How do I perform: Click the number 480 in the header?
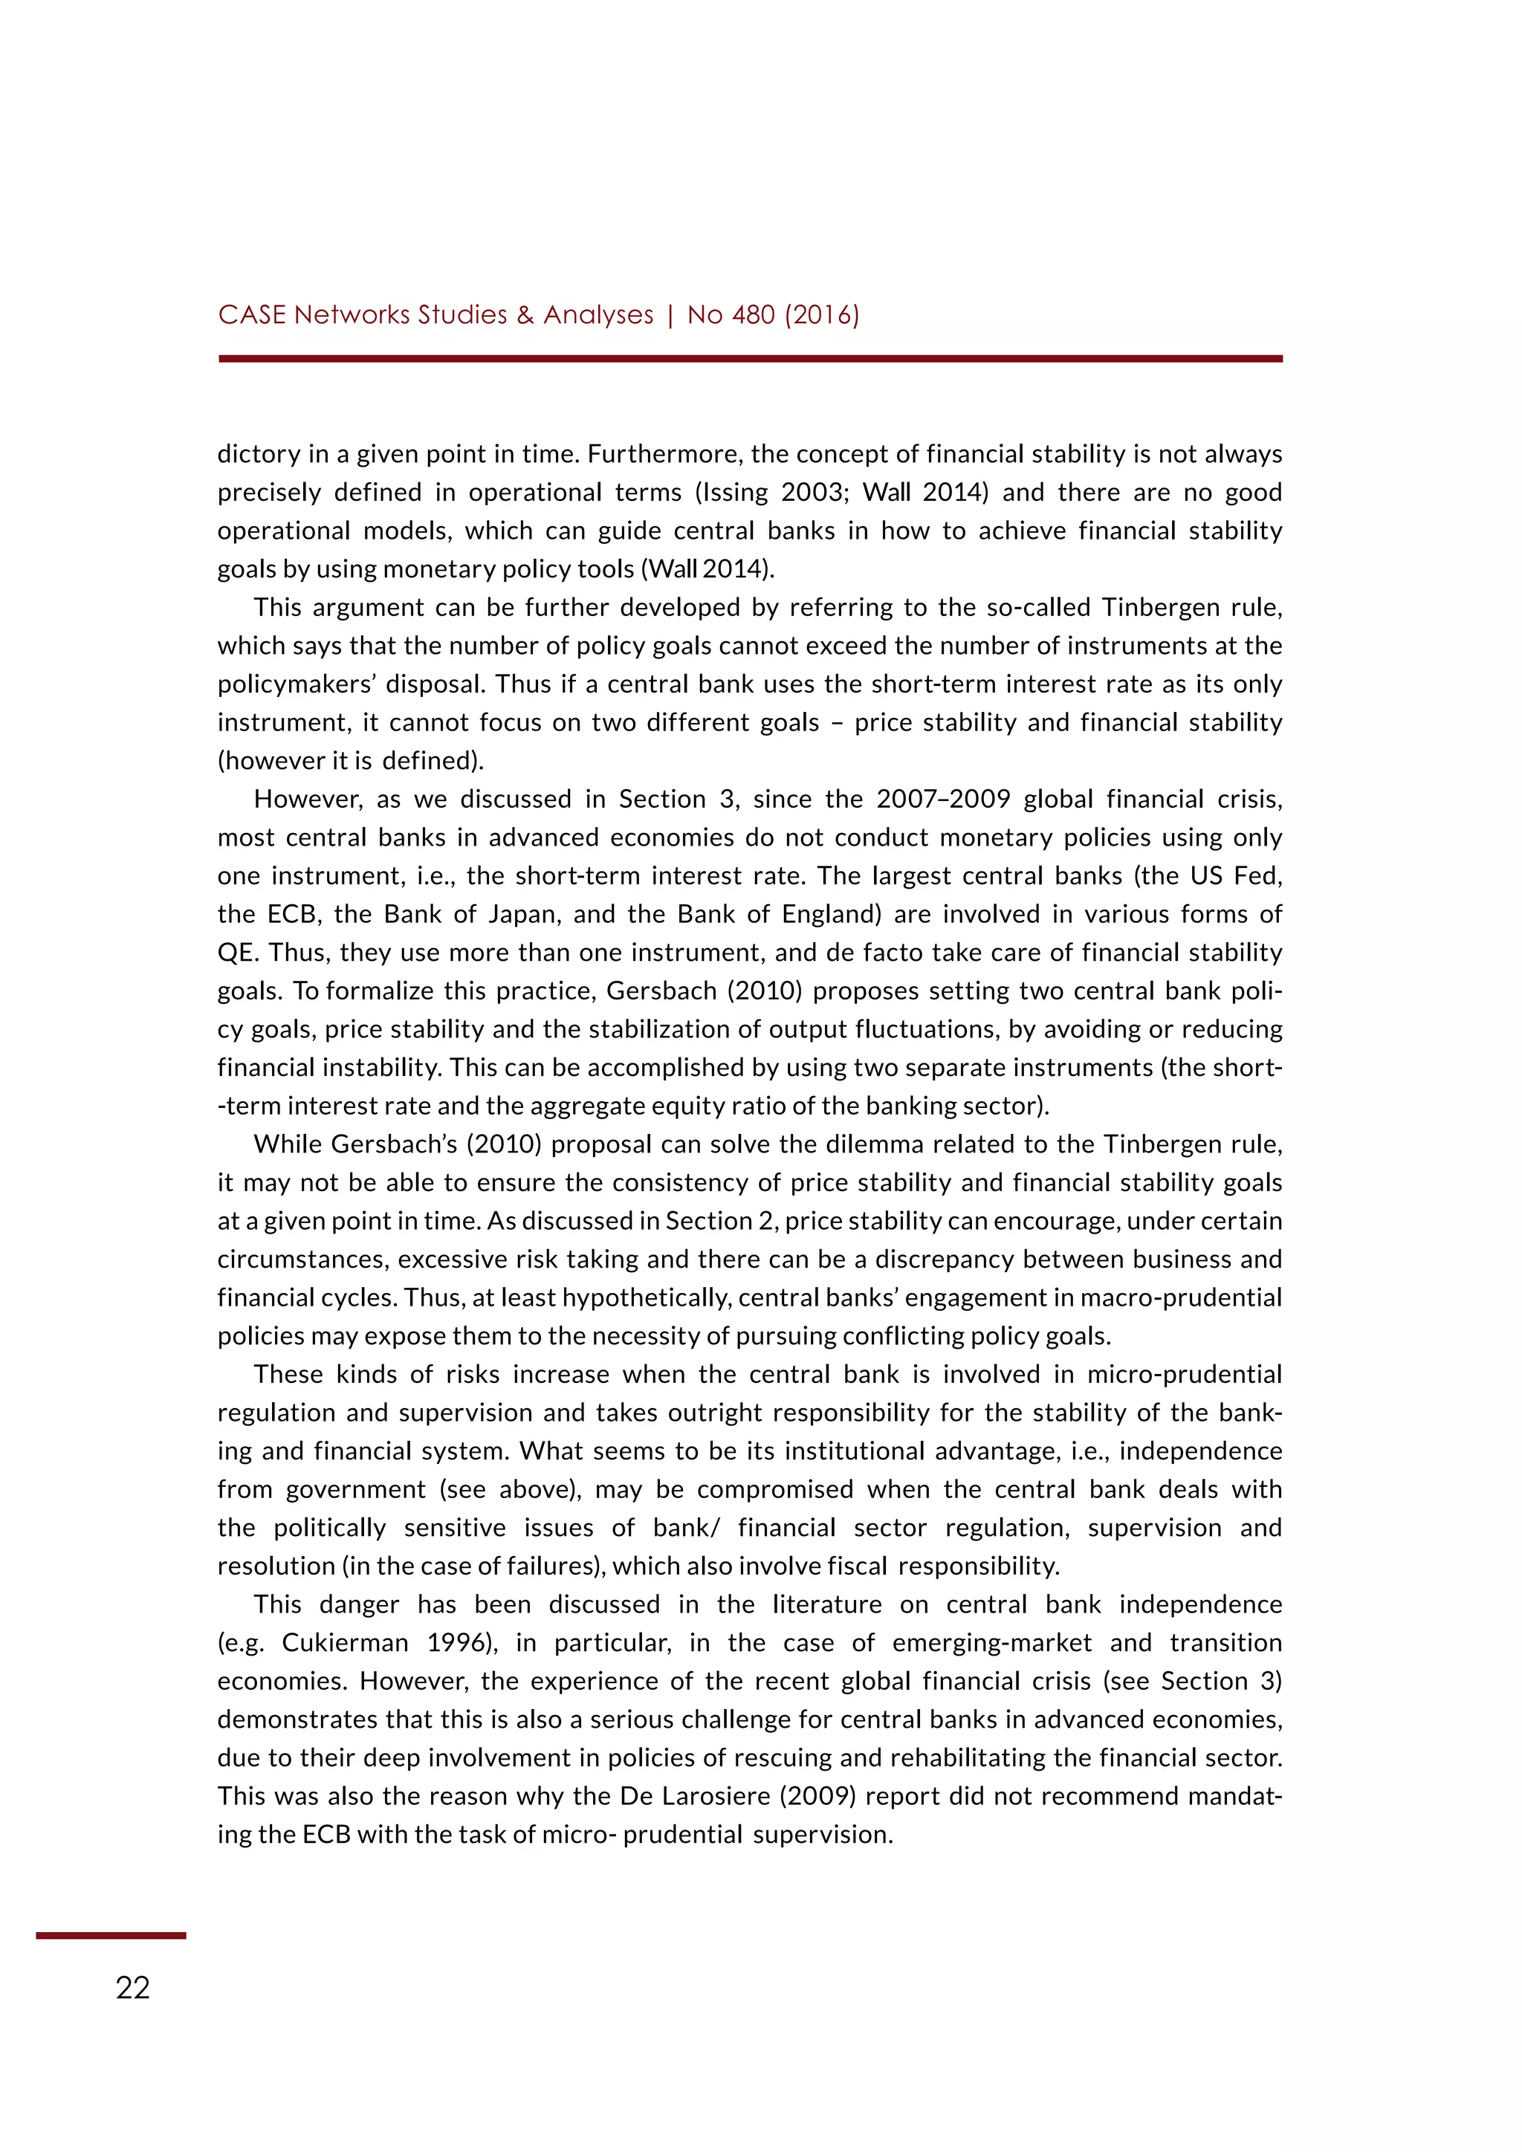point(753,315)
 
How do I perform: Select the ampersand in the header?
point(525,315)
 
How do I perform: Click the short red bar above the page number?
point(111,1936)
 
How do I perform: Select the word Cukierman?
point(345,1642)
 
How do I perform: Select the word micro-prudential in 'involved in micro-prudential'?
point(1184,1374)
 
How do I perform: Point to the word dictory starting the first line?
point(258,455)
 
